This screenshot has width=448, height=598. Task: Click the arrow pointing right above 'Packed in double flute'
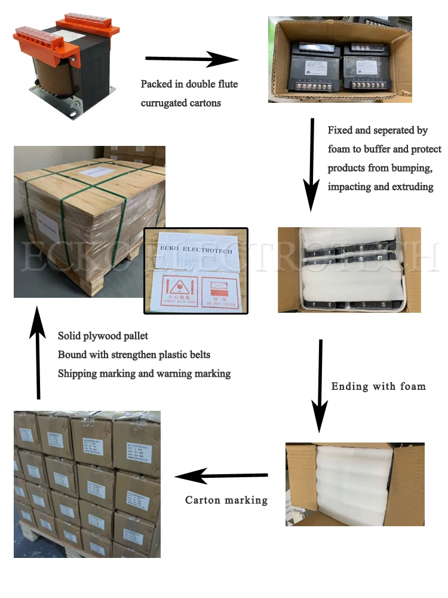(x=192, y=59)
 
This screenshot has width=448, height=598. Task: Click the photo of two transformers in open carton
(x=339, y=59)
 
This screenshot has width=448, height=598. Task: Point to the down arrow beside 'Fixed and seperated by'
(x=311, y=164)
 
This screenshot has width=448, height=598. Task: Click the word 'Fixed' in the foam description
(x=339, y=130)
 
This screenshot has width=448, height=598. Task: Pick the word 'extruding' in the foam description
(x=413, y=187)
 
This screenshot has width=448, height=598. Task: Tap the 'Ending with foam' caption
(x=378, y=386)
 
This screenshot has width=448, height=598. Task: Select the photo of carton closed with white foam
(x=355, y=484)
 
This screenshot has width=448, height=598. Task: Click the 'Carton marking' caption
(x=226, y=500)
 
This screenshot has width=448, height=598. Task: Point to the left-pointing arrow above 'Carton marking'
(x=221, y=477)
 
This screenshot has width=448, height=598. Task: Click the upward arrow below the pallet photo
(x=38, y=353)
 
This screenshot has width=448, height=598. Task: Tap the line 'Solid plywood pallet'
(x=103, y=336)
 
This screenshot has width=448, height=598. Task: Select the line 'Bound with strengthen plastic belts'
(x=134, y=355)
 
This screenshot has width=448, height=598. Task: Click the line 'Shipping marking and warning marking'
(x=144, y=373)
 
